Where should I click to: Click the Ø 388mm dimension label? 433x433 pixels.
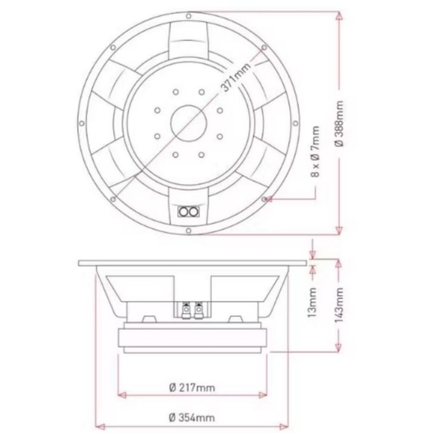point(339,124)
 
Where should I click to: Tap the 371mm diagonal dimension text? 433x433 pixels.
point(236,77)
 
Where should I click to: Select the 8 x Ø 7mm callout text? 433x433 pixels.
point(315,151)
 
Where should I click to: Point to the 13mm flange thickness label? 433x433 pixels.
point(312,302)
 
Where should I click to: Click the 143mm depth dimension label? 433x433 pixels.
point(339,305)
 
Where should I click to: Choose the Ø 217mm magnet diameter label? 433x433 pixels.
point(192,388)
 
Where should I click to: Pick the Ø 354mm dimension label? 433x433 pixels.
point(192,417)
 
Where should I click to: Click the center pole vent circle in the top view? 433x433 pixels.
point(189,123)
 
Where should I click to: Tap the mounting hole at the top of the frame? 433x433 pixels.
point(188,16)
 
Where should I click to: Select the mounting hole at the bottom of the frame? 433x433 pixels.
point(188,231)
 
